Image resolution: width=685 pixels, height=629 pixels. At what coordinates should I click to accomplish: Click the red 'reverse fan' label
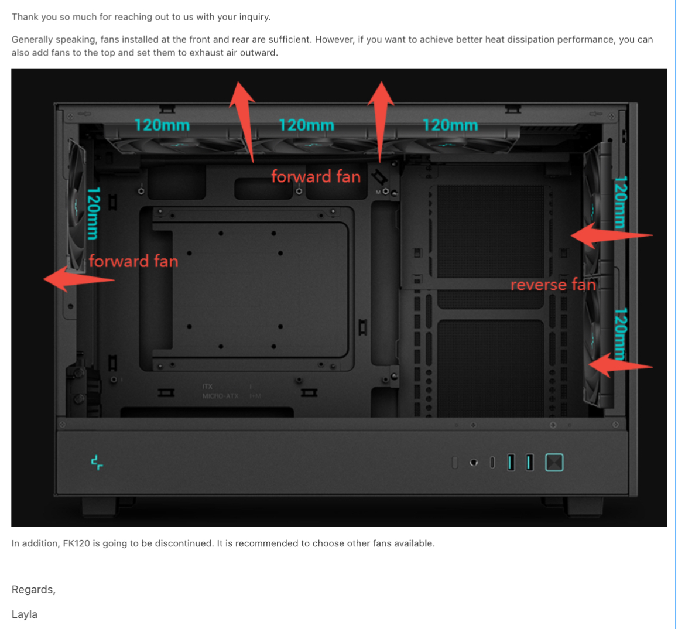[553, 285]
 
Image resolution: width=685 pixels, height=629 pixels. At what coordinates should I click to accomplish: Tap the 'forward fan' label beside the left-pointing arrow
[133, 261]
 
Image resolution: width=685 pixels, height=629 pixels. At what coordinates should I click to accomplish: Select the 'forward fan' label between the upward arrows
[316, 176]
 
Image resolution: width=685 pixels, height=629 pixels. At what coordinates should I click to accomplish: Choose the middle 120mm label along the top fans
[306, 125]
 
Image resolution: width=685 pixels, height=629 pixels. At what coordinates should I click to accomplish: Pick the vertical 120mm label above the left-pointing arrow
[93, 213]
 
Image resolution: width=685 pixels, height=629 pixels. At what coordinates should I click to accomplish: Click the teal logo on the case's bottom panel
[97, 463]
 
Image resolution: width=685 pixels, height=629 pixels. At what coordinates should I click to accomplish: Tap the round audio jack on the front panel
[474, 463]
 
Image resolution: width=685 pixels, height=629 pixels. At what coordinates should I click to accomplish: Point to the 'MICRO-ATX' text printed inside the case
[220, 396]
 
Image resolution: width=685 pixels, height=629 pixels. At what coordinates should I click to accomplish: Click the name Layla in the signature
[25, 614]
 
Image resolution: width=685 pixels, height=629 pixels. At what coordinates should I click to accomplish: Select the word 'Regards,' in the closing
[33, 590]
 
